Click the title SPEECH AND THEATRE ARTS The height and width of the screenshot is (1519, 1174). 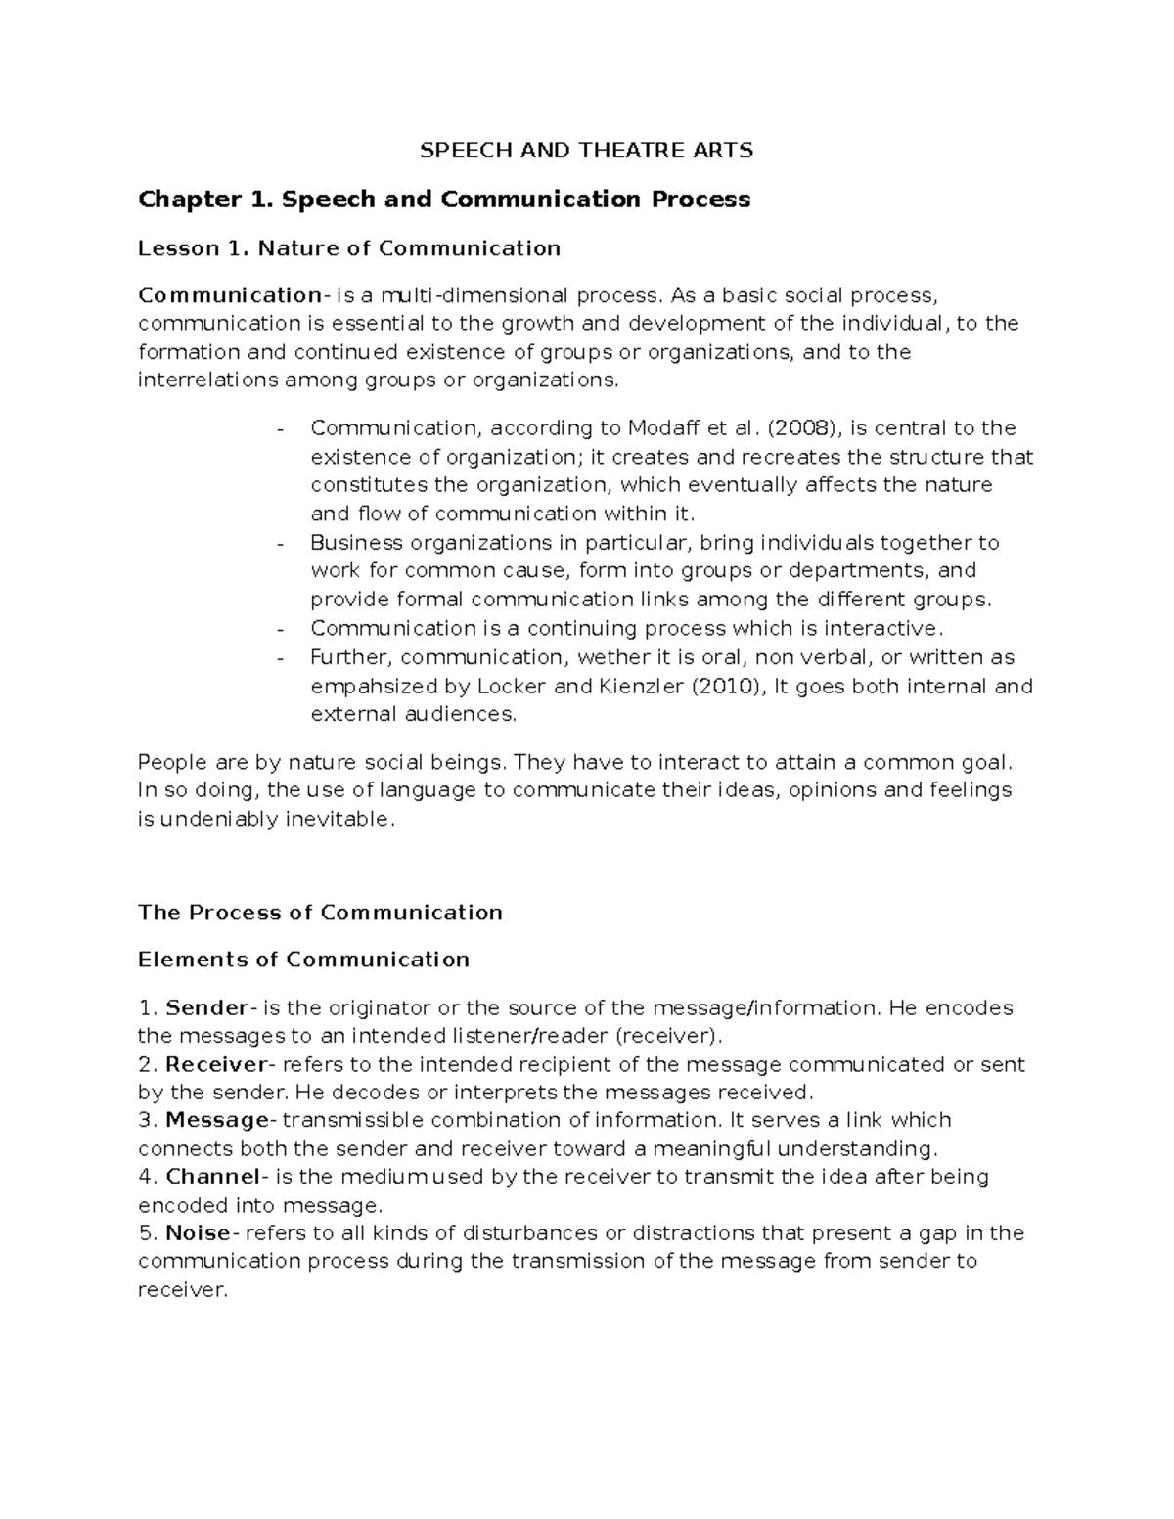coord(586,151)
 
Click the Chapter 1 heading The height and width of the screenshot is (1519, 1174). coord(444,200)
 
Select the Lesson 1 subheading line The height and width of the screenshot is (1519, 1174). coord(349,248)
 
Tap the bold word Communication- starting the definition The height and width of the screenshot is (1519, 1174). coord(230,295)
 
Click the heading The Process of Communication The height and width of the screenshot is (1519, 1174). coord(320,913)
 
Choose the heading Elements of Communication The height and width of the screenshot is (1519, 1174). coord(303,960)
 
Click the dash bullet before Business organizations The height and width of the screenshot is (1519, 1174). coord(283,544)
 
